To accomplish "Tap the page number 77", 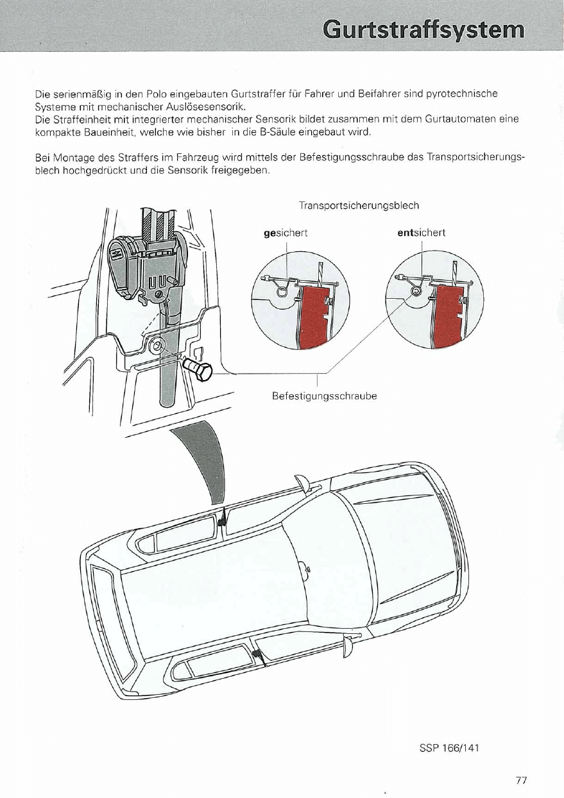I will pyautogui.click(x=520, y=780).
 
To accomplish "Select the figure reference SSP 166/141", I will pyautogui.click(x=449, y=748).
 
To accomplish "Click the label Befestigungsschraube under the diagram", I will pyautogui.click(x=324, y=397).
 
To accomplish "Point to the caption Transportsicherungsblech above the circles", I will pyautogui.click(x=359, y=206).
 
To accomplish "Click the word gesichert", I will pyautogui.click(x=286, y=233).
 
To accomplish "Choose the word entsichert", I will pyautogui.click(x=422, y=233).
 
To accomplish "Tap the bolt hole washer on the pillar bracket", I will pyautogui.click(x=155, y=347).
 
